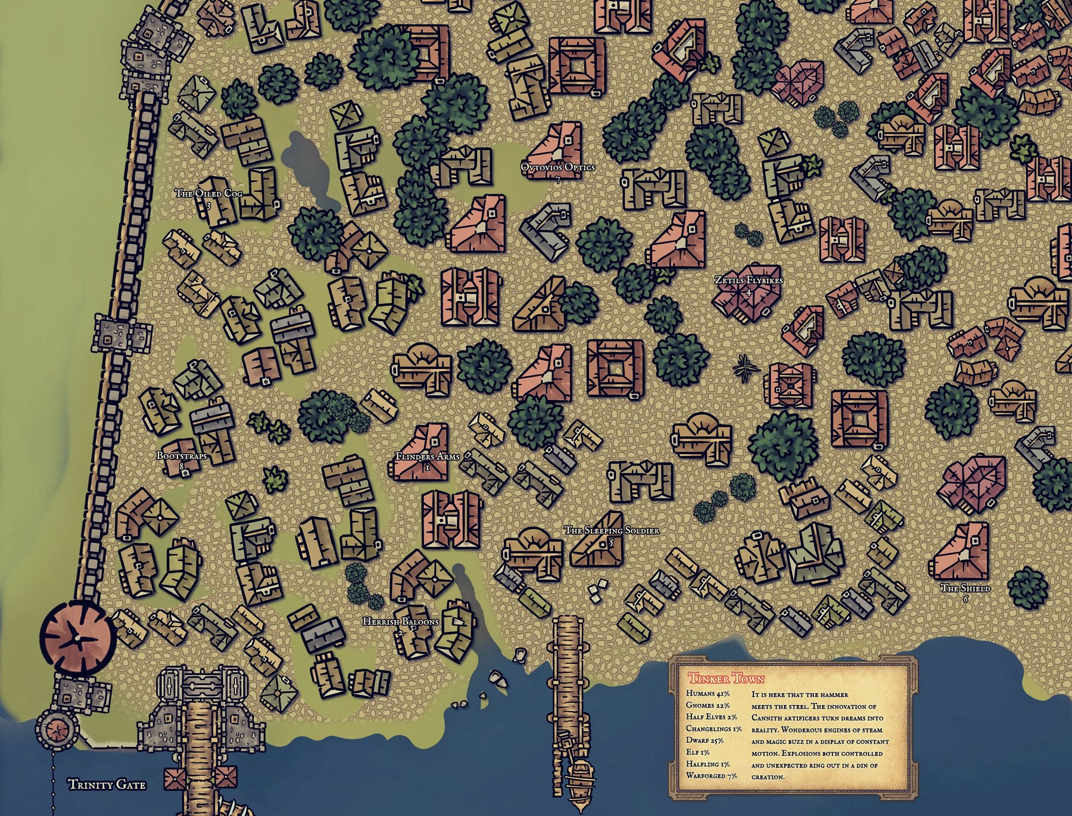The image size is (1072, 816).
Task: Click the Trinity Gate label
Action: [x=107, y=784]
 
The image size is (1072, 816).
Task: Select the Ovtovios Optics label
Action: [x=557, y=167]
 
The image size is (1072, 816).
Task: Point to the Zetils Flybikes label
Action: [x=749, y=280]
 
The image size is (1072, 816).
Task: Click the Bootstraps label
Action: [x=182, y=456]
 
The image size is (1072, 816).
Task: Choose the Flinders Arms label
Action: [x=427, y=457]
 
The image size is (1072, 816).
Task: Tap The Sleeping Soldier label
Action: [x=611, y=530]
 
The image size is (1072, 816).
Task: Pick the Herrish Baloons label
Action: [x=400, y=622]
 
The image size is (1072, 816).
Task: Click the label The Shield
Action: [x=965, y=588]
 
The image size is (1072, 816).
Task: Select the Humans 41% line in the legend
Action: [x=709, y=694]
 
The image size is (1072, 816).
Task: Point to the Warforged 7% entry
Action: [x=711, y=775]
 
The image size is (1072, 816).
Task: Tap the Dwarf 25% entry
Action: [x=705, y=740]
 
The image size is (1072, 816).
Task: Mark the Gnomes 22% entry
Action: [x=708, y=705]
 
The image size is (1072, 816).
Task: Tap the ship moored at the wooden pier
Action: [x=578, y=778]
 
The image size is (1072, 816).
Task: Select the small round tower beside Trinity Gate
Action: [x=58, y=728]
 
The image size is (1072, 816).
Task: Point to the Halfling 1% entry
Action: [x=708, y=764]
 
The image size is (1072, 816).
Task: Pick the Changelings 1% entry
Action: [x=713, y=728]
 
